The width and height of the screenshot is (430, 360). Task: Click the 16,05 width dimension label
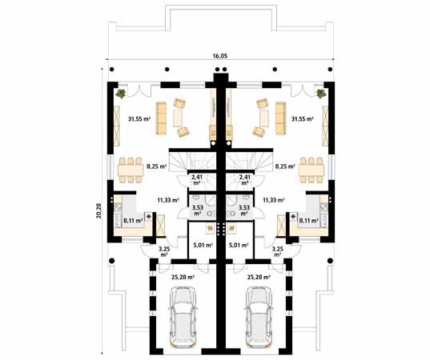click(219, 57)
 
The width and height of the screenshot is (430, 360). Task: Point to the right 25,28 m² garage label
click(259, 277)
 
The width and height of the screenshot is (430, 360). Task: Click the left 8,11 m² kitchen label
click(132, 220)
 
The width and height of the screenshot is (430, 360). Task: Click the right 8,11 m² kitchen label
click(307, 220)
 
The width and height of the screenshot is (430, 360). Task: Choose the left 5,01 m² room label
click(203, 246)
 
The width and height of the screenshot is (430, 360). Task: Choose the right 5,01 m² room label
click(238, 246)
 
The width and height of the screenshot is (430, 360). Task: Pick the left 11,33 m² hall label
click(167, 200)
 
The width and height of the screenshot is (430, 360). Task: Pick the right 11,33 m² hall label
click(275, 200)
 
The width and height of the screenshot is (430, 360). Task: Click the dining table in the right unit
click(311, 168)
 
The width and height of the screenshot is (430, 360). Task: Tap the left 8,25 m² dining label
click(156, 167)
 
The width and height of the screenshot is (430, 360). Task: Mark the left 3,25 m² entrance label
click(163, 251)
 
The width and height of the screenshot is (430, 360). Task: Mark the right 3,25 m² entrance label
click(278, 251)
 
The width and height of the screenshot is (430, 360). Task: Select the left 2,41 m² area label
click(197, 180)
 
